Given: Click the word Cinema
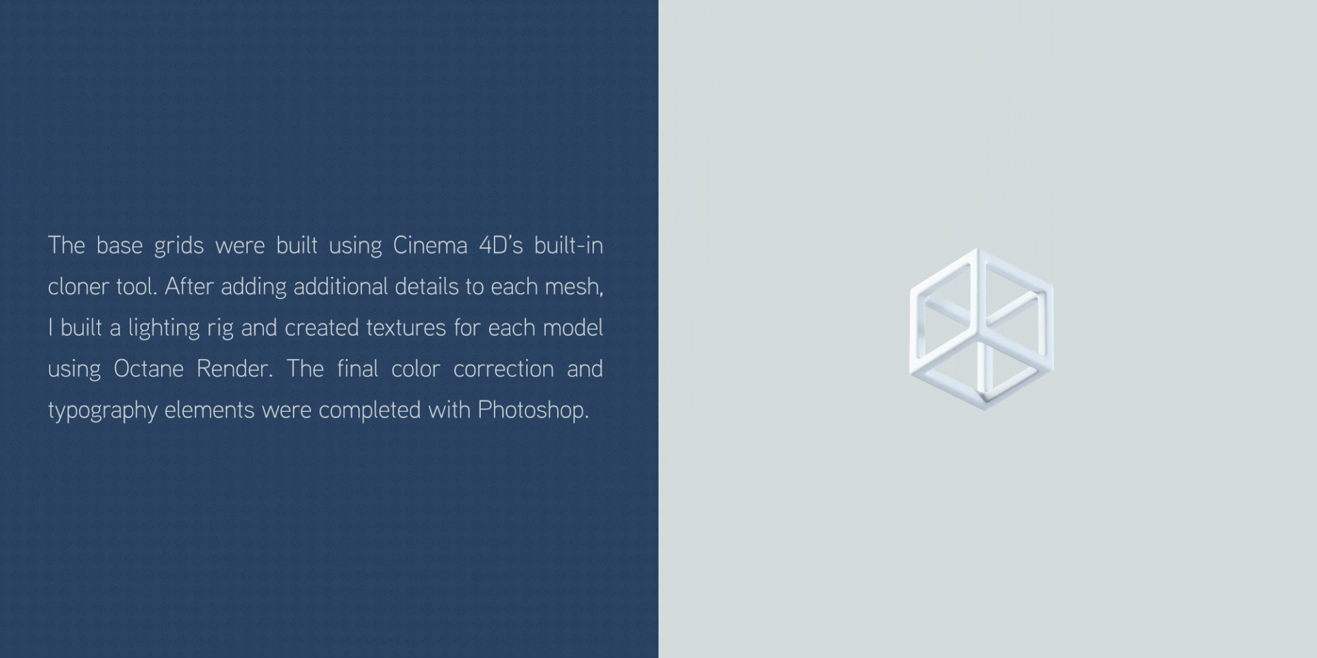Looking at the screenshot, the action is (430, 245).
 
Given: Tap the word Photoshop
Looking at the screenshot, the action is (534, 410).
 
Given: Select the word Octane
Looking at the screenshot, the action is (149, 369).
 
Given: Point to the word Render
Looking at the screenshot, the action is (235, 369).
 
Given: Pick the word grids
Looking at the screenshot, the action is (179, 246).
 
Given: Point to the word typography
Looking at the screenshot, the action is (103, 411).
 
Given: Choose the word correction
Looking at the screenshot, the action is (503, 369).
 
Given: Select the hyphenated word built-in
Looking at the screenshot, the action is (569, 245).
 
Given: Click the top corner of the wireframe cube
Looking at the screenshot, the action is (977, 249).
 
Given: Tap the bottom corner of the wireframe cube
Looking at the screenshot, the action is (984, 409).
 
